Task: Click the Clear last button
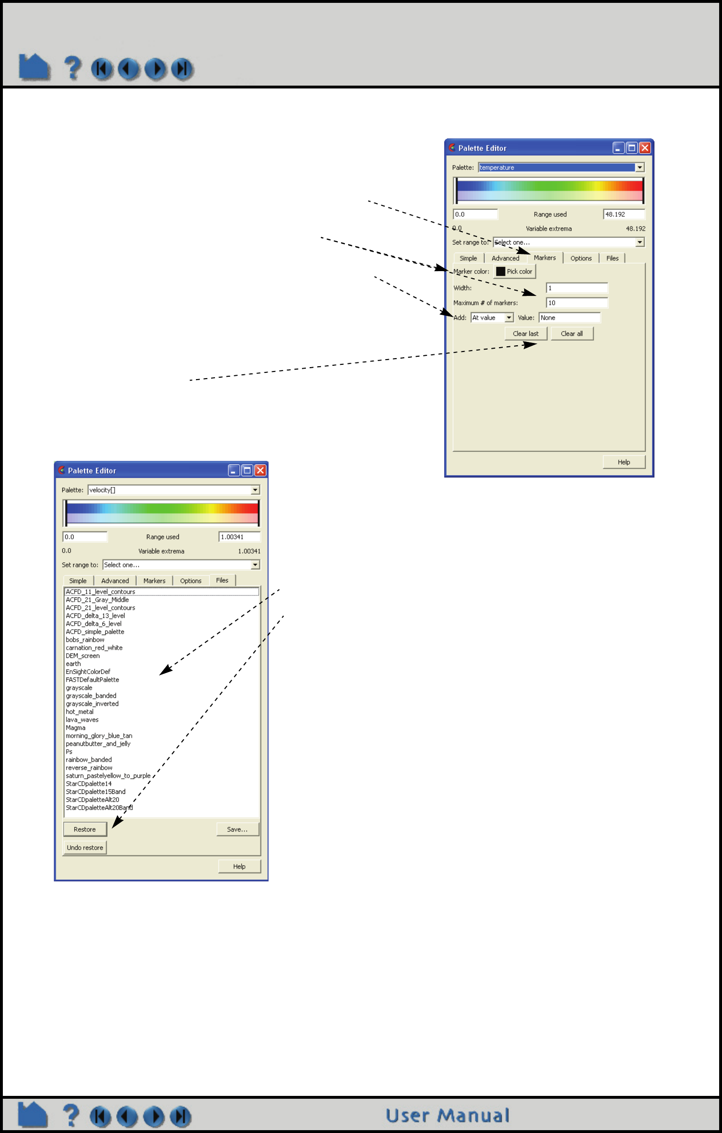[x=526, y=334]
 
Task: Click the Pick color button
[x=515, y=272]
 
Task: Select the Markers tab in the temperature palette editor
[x=545, y=258]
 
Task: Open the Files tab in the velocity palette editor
[x=222, y=580]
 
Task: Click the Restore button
[x=85, y=830]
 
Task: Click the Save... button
[x=237, y=830]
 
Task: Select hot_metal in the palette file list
[x=79, y=712]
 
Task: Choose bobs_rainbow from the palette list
[x=85, y=640]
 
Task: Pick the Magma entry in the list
[x=76, y=728]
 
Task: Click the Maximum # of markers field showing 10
[x=576, y=303]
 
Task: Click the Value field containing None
[x=569, y=318]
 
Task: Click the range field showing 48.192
[x=624, y=215]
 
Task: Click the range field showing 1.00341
[x=239, y=537]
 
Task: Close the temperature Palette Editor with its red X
[x=645, y=148]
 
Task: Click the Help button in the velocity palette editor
[x=239, y=867]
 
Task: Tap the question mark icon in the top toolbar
[x=73, y=68]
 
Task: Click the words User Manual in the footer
[x=447, y=1116]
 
